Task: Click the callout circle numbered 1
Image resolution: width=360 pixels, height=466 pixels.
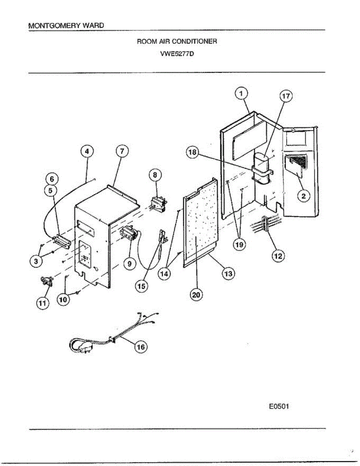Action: [241, 94]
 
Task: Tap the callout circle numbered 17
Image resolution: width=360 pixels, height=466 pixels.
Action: [286, 97]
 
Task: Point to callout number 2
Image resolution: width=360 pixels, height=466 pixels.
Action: [303, 196]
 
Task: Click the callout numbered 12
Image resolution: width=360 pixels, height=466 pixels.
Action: [278, 256]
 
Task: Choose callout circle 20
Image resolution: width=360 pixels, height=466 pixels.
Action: [197, 295]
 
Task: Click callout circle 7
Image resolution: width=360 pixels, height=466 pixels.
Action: [122, 152]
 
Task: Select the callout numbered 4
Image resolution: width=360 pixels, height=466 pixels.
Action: [87, 151]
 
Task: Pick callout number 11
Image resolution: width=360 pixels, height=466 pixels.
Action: [43, 303]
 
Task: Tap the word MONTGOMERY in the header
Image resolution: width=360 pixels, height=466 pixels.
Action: [49, 26]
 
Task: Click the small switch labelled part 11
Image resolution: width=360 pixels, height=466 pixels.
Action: [47, 280]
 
